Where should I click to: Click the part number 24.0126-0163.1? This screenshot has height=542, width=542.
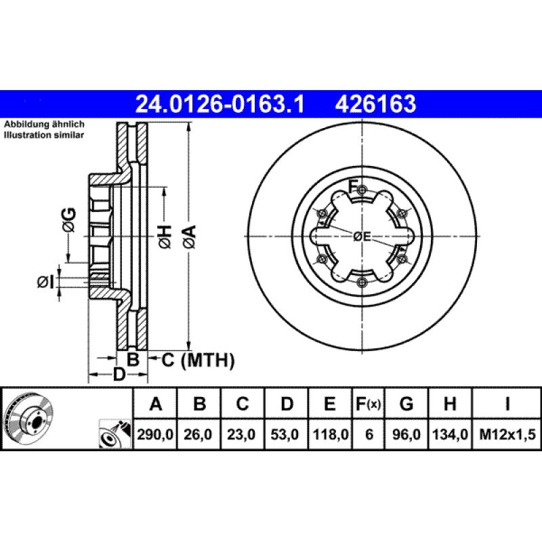(x=221, y=104)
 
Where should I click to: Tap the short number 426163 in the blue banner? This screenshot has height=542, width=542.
(x=375, y=104)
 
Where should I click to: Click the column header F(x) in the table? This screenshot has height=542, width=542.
(x=368, y=404)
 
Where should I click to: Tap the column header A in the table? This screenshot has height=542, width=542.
(x=156, y=404)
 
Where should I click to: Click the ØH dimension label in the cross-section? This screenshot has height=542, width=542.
(x=165, y=236)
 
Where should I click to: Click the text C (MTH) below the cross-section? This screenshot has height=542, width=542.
(x=197, y=360)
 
